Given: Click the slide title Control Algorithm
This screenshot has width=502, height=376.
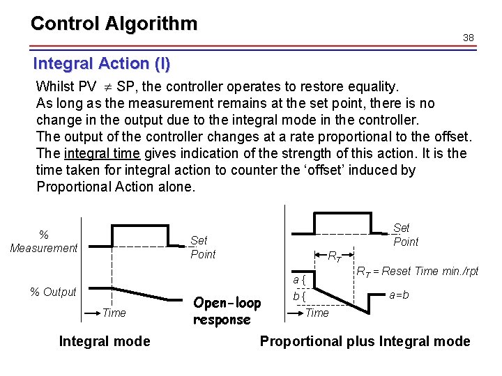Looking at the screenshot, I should (114, 24).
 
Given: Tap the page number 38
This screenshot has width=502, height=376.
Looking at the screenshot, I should (469, 38).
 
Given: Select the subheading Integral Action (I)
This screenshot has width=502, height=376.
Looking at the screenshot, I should (101, 63).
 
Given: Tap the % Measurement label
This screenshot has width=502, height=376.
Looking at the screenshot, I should (44, 241).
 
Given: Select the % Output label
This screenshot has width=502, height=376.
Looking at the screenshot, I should (53, 292).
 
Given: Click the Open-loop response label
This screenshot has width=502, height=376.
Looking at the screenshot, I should (227, 311).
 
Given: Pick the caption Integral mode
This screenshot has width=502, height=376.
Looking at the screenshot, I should (105, 340).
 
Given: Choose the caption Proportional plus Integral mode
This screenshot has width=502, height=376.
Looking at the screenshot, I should (365, 340).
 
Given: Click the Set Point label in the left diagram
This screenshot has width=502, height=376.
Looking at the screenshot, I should (203, 247).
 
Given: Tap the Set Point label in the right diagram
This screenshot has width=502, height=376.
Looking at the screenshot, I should (406, 235).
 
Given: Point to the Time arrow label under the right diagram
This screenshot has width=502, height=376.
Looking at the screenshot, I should (317, 313).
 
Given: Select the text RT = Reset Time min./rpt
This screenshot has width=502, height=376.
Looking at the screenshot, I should (418, 271).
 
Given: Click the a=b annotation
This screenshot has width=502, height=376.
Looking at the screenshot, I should (399, 295).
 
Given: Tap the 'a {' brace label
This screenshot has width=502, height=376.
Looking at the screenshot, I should (300, 280).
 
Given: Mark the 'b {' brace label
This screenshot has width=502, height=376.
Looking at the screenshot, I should (300, 296).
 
